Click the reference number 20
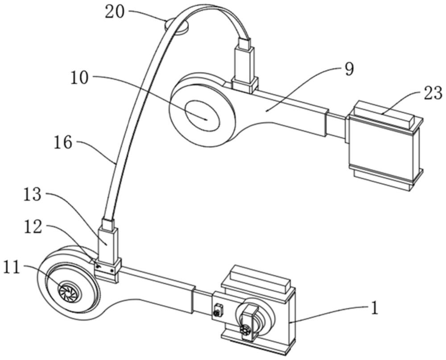point(115,12)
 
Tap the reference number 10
point(80,78)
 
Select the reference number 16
point(63,142)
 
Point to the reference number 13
point(33,195)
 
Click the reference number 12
point(33,228)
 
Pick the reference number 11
point(12,268)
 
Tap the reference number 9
point(349,69)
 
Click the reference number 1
point(375,308)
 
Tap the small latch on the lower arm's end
point(218,310)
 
